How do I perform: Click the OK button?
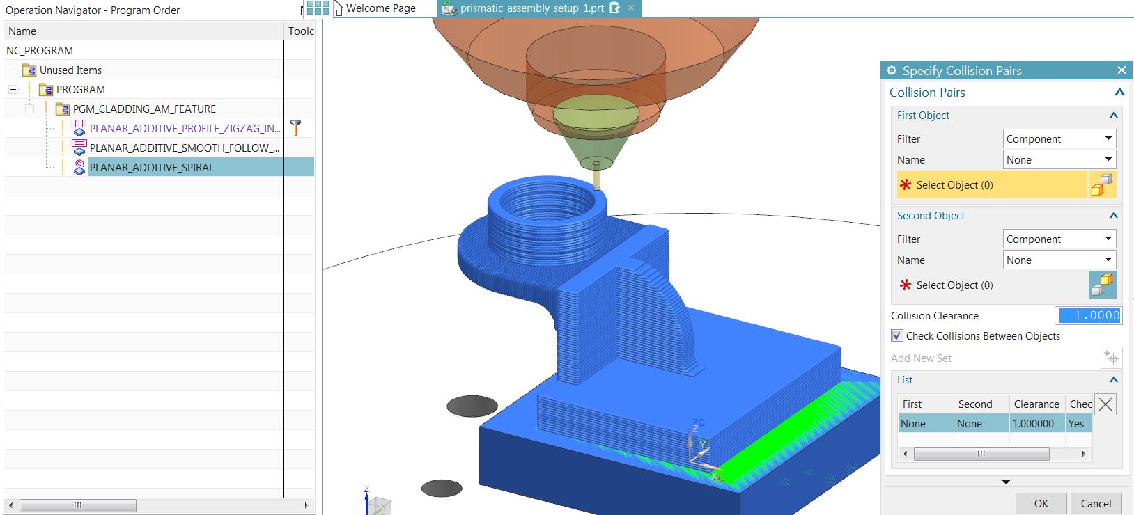[x=1041, y=503]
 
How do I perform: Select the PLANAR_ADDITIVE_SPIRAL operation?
[x=151, y=168]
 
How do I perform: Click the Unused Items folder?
[x=70, y=70]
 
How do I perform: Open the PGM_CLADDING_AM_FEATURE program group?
[x=144, y=109]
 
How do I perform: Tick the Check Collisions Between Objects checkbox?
[x=896, y=335]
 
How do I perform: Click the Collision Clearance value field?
[x=1089, y=316]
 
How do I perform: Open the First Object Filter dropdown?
[x=1059, y=138]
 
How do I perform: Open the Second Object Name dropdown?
[x=1059, y=260]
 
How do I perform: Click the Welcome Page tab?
[x=380, y=8]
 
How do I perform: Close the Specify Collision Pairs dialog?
[x=1121, y=70]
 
